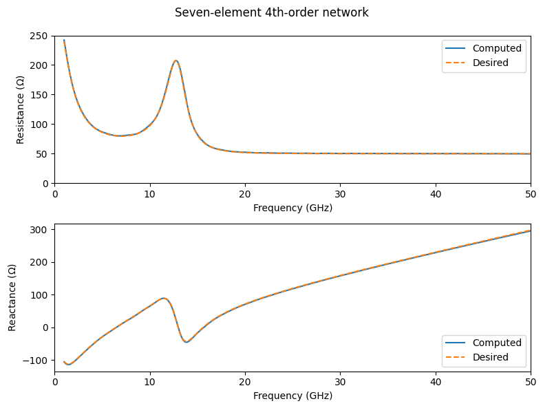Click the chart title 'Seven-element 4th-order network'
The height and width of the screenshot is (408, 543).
[x=272, y=12]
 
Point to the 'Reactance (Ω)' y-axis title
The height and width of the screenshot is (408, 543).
[x=12, y=297]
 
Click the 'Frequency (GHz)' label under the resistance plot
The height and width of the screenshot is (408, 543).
[x=292, y=208]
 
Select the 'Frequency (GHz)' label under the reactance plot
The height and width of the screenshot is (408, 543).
[x=292, y=396]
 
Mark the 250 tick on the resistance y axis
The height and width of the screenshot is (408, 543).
[x=41, y=36]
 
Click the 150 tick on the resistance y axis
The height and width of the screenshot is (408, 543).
[x=41, y=95]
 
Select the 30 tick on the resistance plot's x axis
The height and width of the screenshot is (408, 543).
[x=340, y=195]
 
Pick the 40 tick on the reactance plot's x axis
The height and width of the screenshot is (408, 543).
[x=435, y=383]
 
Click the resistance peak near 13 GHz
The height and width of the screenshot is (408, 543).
[x=176, y=61]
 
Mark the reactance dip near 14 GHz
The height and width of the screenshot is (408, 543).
[x=187, y=342]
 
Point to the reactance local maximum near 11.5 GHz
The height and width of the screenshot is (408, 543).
[x=164, y=298]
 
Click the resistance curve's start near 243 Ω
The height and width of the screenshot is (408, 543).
[x=64, y=40]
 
